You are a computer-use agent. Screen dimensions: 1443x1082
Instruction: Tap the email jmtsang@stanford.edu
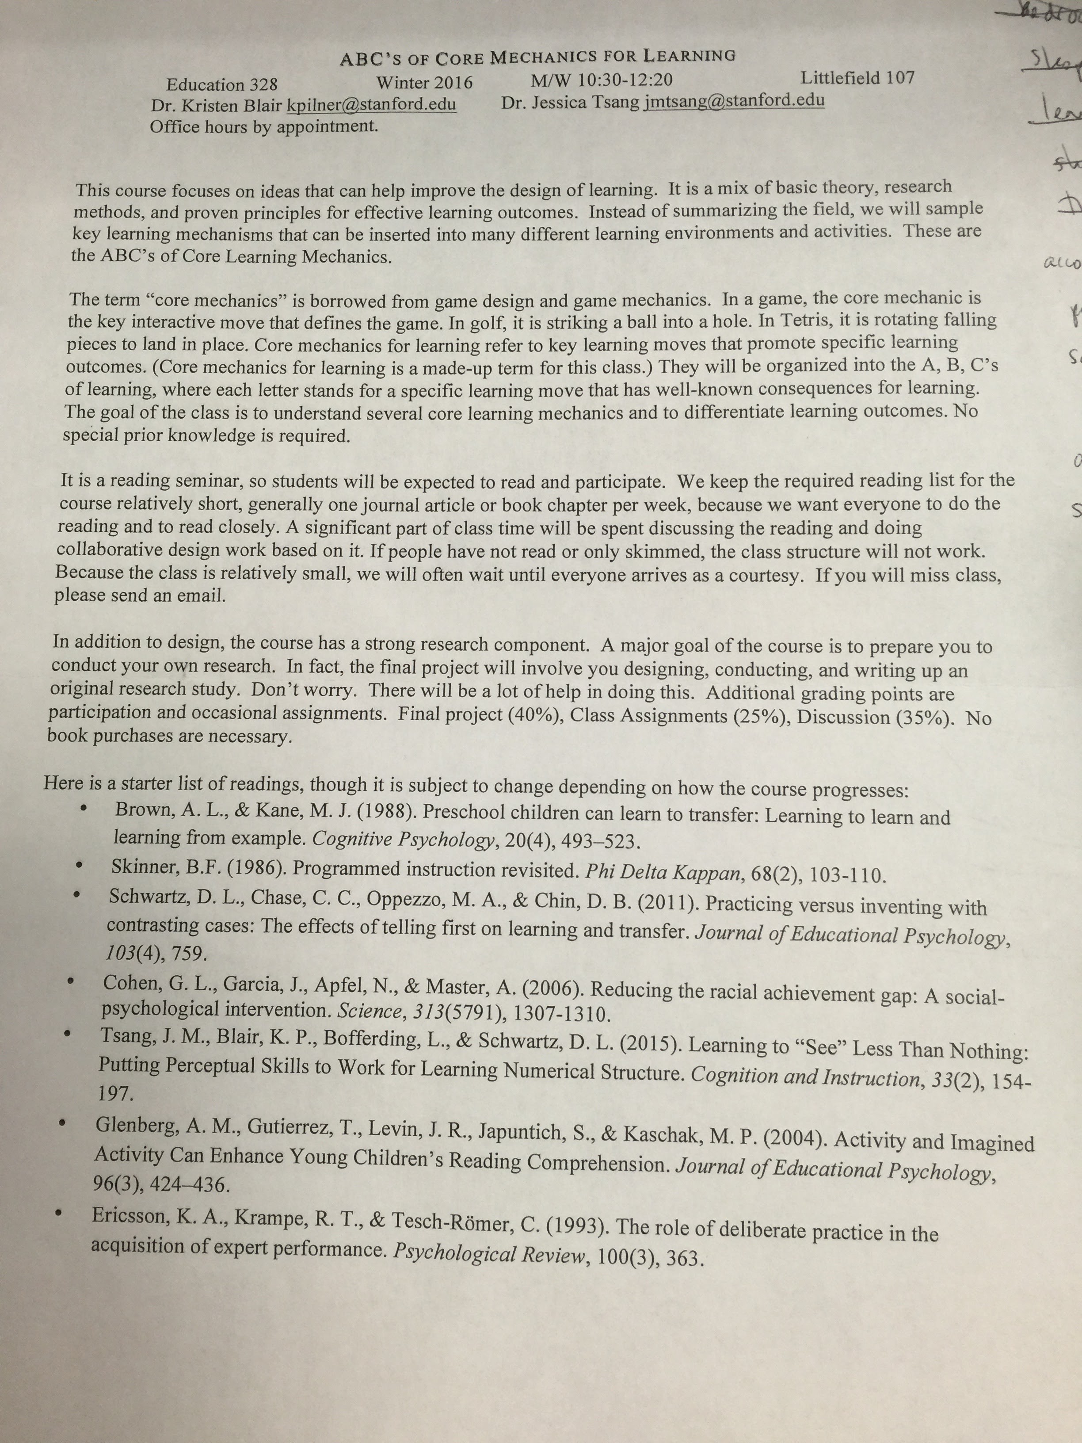pos(734,100)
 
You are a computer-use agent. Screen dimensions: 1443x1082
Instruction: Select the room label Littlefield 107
pos(857,78)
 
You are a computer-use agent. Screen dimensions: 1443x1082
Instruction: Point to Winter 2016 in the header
pos(424,83)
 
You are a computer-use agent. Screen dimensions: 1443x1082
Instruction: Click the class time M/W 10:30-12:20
pos(601,80)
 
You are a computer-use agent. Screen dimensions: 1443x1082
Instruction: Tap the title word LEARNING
pos(690,55)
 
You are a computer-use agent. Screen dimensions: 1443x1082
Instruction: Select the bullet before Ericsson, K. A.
pos(59,1214)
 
